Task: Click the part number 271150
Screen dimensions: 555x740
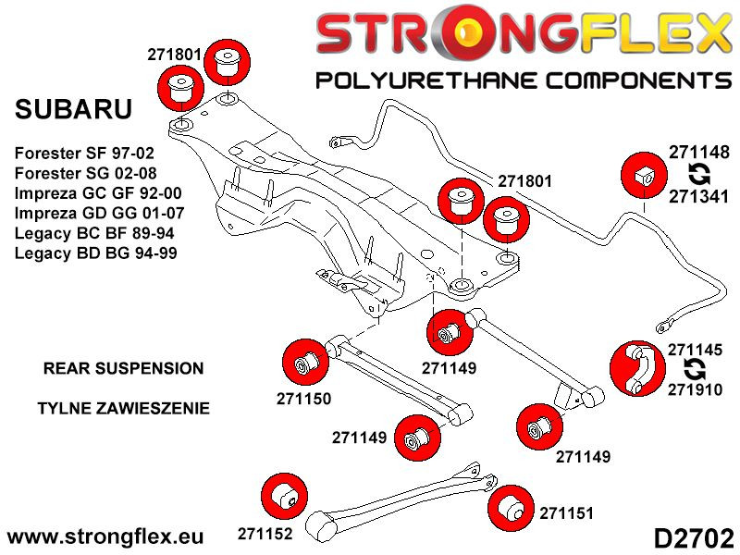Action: pos(303,399)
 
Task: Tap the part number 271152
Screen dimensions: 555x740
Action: pos(265,534)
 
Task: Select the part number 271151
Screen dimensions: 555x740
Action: pos(567,512)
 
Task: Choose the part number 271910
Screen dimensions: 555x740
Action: pos(698,391)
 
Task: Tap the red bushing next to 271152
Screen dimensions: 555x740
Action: pos(284,496)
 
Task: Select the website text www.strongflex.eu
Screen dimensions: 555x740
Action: pos(105,536)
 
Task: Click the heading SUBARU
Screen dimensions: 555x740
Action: pos(74,109)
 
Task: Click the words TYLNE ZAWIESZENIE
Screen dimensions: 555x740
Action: pos(123,408)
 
